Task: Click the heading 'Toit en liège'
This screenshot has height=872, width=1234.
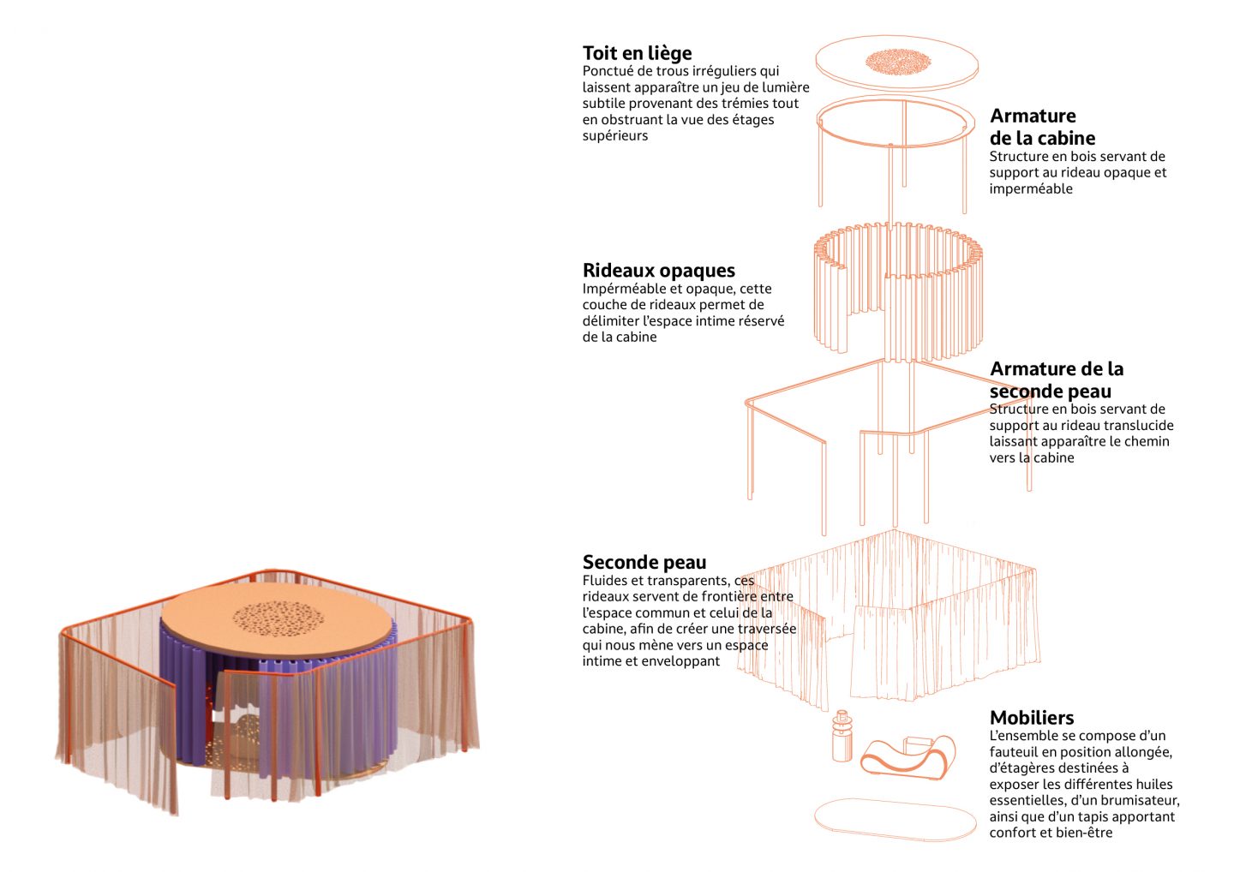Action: pos(637,53)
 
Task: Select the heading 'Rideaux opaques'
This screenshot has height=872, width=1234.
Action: pos(658,271)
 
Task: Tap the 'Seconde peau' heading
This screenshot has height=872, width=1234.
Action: pos(644,563)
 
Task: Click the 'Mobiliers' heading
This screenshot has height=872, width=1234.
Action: pos(1032,718)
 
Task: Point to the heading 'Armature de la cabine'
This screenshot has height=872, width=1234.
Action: pos(1041,127)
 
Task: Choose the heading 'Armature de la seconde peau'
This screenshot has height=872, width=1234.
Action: pos(1056,379)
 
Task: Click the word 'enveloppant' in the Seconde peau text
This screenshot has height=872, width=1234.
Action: pos(676,661)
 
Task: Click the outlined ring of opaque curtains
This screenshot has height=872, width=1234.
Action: pos(898,287)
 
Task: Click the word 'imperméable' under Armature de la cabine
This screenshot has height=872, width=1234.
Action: pos(1031,188)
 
